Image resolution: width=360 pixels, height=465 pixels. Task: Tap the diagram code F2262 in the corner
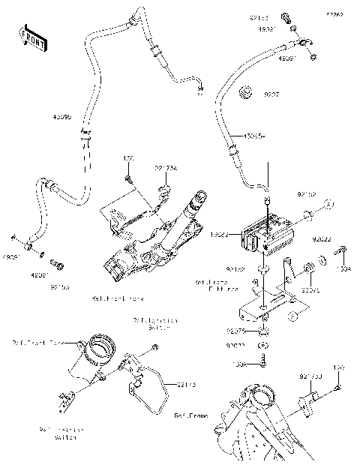(334, 14)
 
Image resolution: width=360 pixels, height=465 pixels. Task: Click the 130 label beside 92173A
(127, 159)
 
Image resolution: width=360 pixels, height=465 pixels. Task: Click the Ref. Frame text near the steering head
(190, 415)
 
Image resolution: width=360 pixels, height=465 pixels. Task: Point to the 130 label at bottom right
(337, 368)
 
